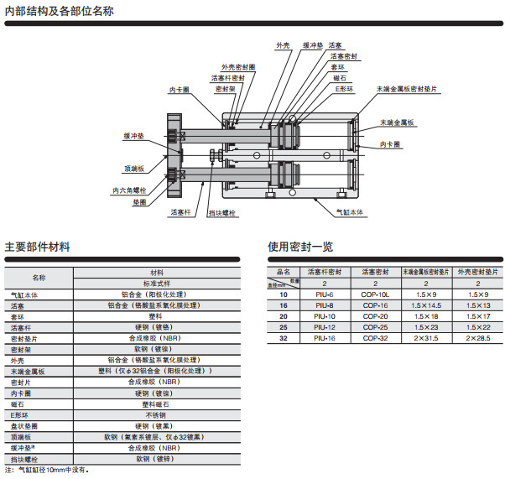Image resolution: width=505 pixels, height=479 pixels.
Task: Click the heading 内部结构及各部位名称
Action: [x=60, y=12]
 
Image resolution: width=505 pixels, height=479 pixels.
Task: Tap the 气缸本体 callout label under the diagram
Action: [x=350, y=213]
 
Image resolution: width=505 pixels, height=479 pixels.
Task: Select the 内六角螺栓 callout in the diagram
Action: [x=129, y=190]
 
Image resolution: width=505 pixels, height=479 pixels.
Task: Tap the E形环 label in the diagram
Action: [x=346, y=87]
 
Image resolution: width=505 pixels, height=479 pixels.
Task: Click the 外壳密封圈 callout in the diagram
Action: [x=238, y=67]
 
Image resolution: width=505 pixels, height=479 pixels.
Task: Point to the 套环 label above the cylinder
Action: [x=337, y=66]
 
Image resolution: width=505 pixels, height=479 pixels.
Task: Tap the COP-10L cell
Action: [x=375, y=294]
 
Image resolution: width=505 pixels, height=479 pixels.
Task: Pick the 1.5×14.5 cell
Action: [x=425, y=305]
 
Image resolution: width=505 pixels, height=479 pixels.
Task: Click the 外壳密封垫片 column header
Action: [x=478, y=273]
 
